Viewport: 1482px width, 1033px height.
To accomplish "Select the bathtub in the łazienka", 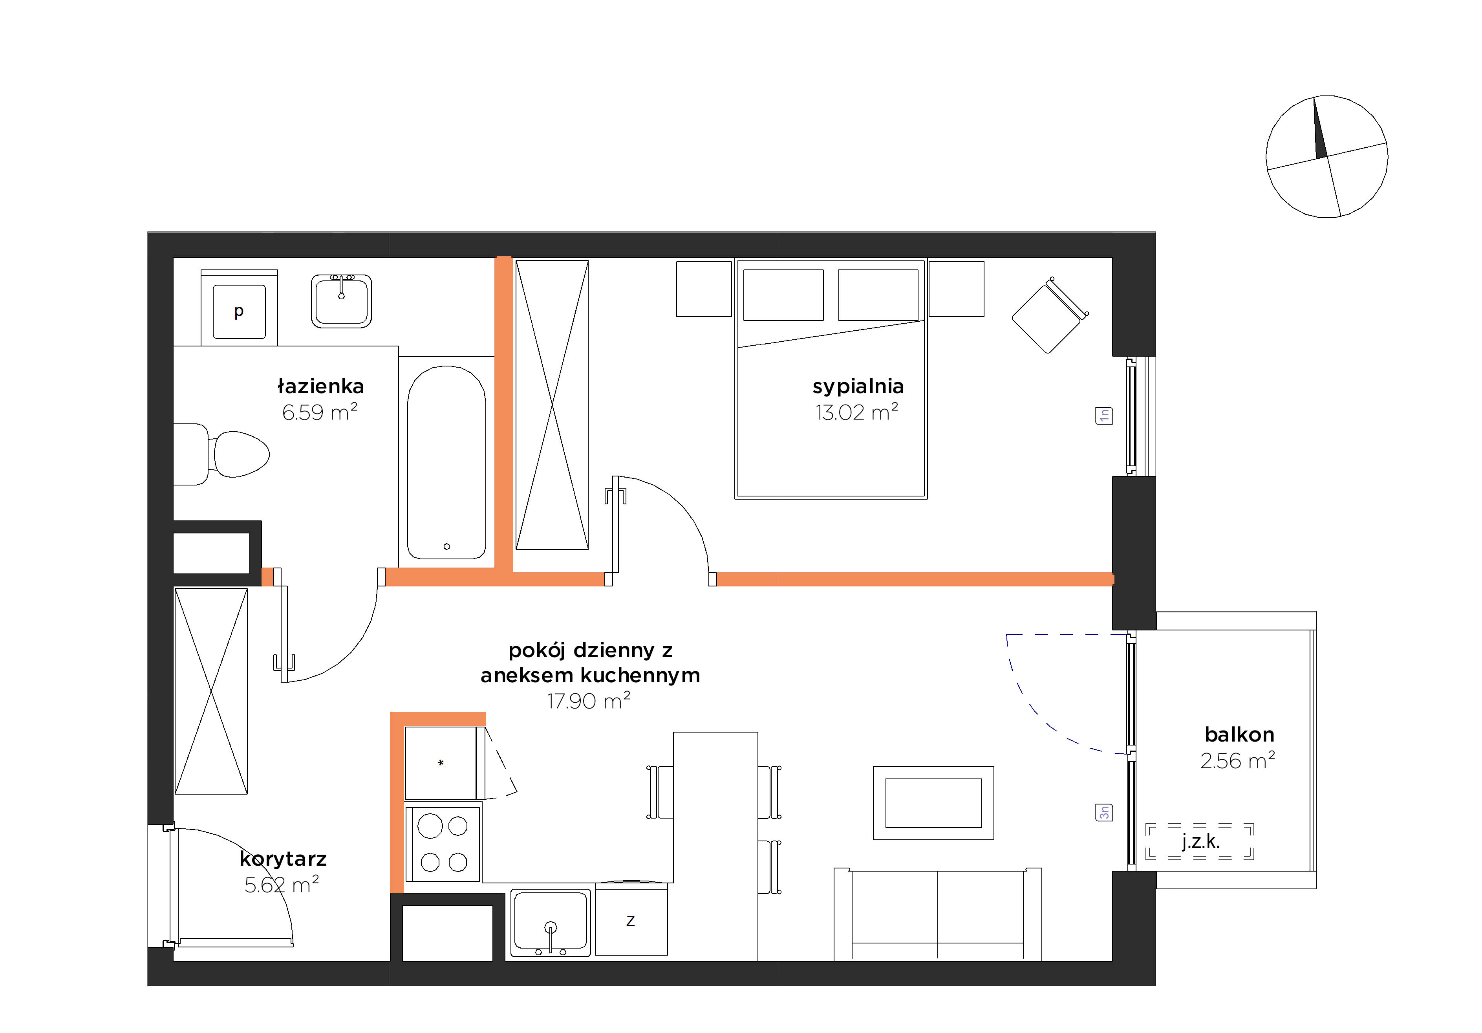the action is coord(446,462).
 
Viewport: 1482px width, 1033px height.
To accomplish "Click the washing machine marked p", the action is coord(240,307).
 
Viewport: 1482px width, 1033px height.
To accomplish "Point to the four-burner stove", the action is coord(443,843).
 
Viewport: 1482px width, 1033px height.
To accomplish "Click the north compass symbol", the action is coord(1326,156).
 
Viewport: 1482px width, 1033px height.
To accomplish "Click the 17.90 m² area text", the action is coord(589,700).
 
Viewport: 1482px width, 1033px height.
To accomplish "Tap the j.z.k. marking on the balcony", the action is coord(1200,841).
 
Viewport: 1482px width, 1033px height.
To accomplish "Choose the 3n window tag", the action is coord(1104,812).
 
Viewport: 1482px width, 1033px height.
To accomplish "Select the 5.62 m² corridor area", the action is coord(282,885).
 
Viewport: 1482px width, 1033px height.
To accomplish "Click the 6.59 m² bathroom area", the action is coord(320,412).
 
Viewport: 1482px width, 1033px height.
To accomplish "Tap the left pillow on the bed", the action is coord(783,295).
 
